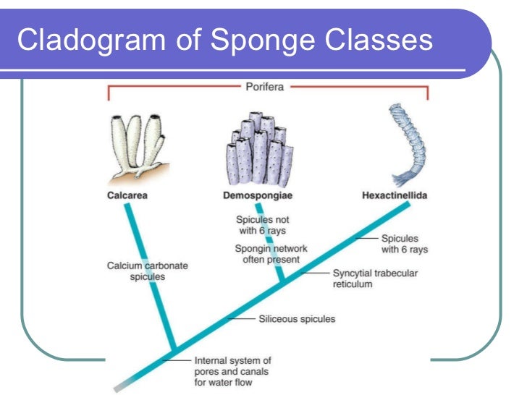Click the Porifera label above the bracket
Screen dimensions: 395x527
[x=263, y=87]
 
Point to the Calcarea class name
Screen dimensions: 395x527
[x=128, y=195]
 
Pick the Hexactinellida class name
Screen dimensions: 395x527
[x=394, y=195]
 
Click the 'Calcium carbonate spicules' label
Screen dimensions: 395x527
[x=148, y=271]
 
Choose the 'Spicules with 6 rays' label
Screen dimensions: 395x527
[x=405, y=243]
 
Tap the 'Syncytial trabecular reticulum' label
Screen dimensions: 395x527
[x=374, y=279]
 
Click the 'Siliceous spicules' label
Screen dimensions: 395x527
[x=297, y=318]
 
